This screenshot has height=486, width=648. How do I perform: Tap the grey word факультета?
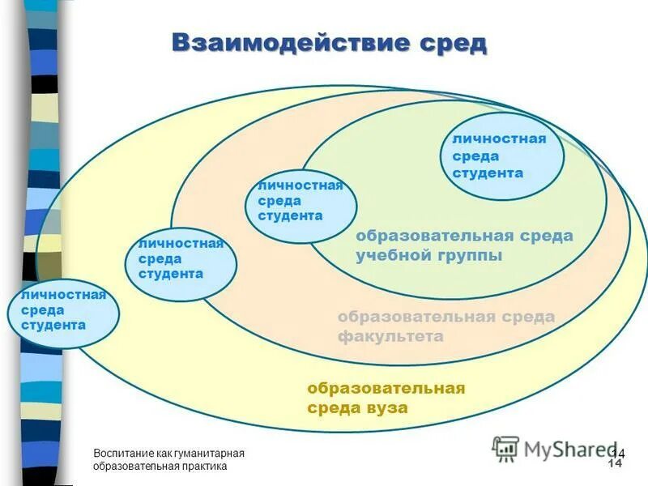coord(390,336)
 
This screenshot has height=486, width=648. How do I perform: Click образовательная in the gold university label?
coord(386,388)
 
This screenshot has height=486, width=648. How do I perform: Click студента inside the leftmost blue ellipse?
coord(53,326)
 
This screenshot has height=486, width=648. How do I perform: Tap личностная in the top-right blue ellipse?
coord(499,139)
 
